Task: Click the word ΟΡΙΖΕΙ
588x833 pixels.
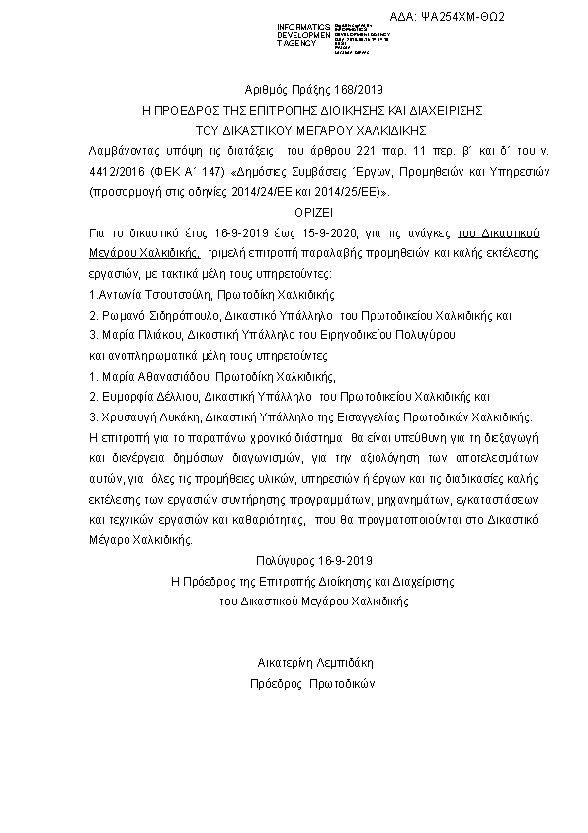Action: tap(294, 213)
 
